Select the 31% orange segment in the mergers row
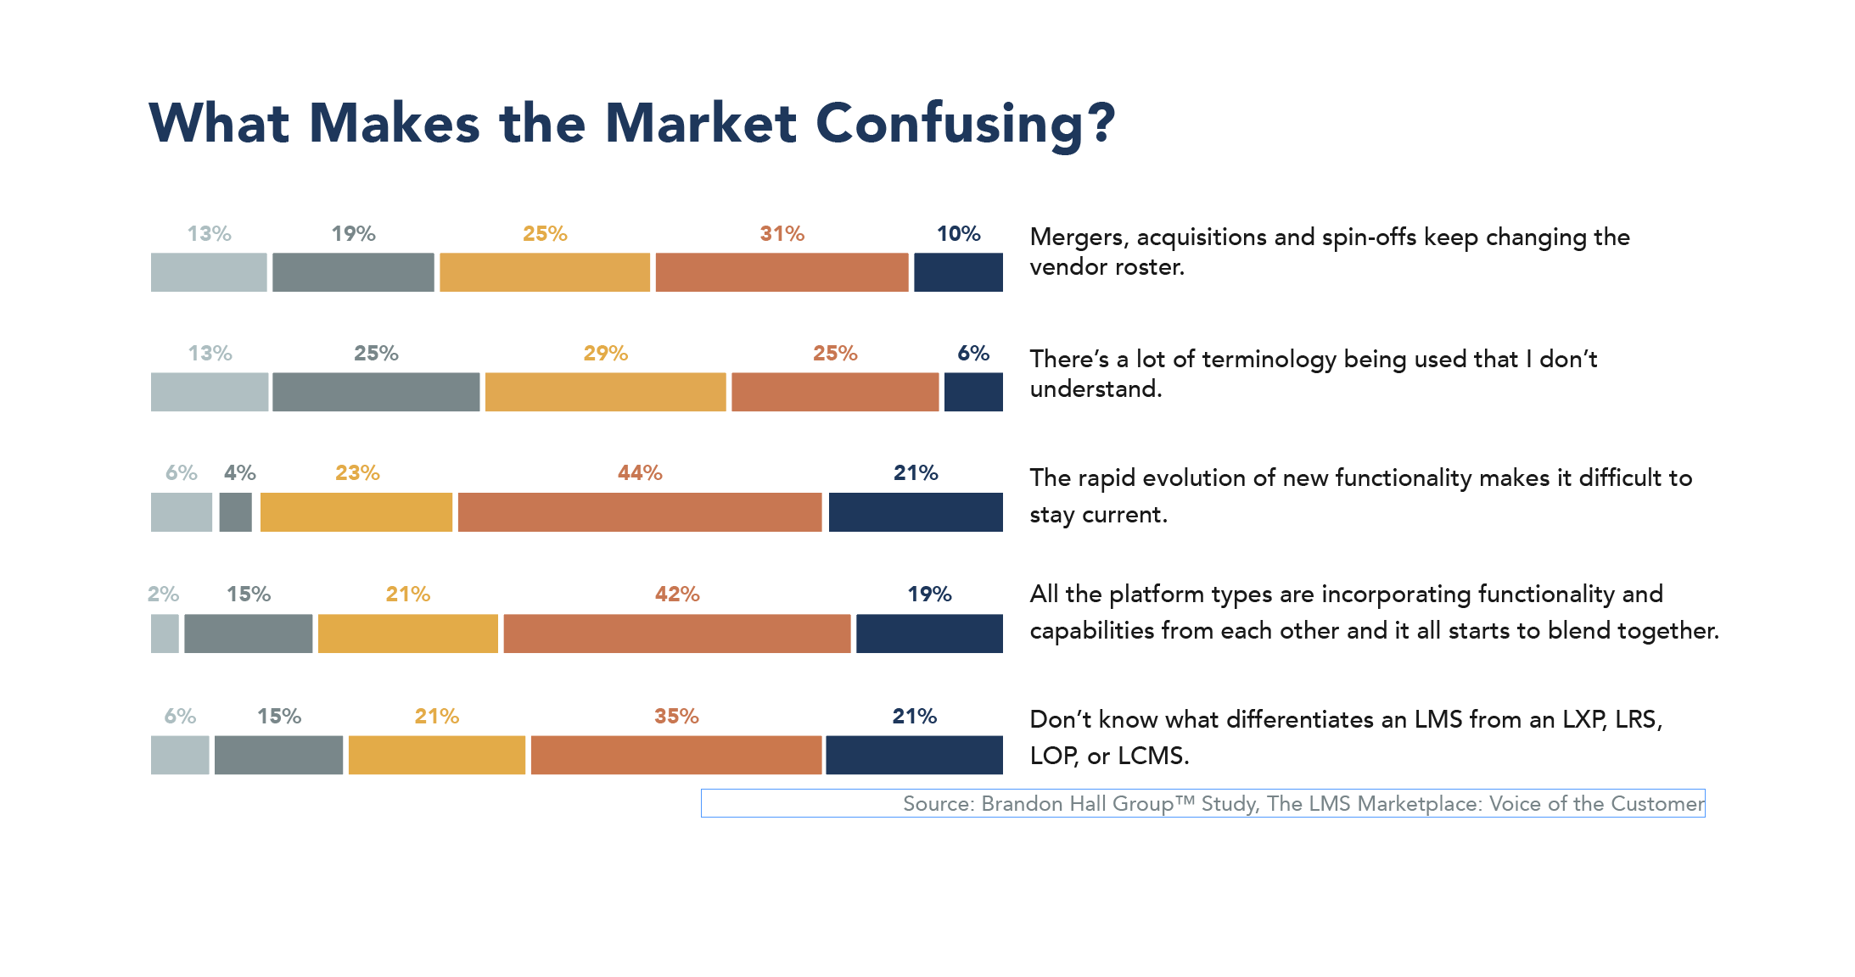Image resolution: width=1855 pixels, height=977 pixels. tap(782, 272)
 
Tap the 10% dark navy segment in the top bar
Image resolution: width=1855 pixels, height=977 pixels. tap(958, 272)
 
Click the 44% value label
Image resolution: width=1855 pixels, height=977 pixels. tap(639, 473)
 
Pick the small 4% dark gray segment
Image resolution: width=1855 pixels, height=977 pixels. tap(235, 512)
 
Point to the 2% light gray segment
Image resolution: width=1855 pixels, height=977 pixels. tap(165, 634)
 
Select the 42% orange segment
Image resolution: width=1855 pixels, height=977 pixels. tap(676, 634)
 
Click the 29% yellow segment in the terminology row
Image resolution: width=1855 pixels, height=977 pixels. tap(605, 392)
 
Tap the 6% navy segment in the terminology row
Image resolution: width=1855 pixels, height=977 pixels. tap(973, 392)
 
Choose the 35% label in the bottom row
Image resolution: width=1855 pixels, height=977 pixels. tap(676, 717)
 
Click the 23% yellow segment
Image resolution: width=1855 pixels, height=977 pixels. tap(356, 512)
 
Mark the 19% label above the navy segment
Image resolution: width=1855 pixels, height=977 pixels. tap(929, 595)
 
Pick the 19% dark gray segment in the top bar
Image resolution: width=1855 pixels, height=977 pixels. tap(353, 272)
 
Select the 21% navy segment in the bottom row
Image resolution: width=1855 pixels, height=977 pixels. tap(914, 755)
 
